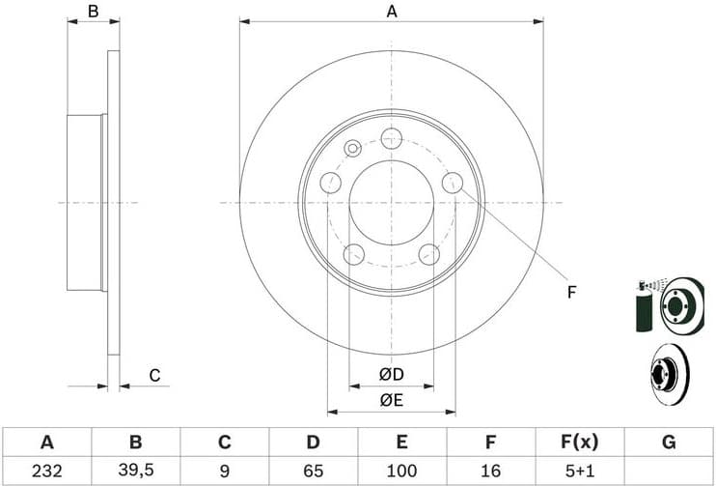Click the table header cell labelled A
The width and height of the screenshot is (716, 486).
(x=46, y=443)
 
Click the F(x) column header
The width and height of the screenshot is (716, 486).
(x=579, y=443)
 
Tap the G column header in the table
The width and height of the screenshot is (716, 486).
(x=668, y=443)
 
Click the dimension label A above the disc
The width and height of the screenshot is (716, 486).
(x=392, y=12)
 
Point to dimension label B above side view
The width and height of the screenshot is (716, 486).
(x=94, y=12)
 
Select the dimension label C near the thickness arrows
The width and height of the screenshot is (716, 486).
(x=153, y=375)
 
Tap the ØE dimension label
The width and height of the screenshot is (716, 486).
(x=391, y=398)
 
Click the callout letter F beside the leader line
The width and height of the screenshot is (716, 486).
(x=571, y=292)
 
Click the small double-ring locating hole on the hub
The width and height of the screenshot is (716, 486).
(x=352, y=148)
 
